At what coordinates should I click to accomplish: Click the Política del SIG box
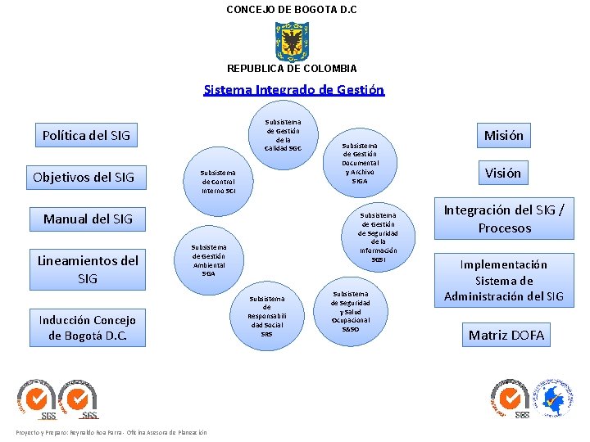[86, 135]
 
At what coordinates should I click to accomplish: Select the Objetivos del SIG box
[84, 177]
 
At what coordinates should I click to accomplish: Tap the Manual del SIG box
[88, 219]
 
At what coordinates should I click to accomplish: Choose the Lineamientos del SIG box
[88, 269]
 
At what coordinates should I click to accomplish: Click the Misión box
[503, 135]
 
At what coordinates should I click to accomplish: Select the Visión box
[503, 173]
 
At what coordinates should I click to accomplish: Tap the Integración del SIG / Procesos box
[504, 219]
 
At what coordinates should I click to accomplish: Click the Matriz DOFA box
[506, 334]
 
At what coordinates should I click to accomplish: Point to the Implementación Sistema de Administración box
[504, 280]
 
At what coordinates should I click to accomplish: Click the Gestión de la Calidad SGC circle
[284, 136]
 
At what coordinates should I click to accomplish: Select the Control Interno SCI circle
[219, 182]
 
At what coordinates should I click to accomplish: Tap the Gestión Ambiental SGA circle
[209, 259]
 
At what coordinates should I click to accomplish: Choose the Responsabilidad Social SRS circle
[266, 315]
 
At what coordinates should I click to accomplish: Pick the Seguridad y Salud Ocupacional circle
[350, 310]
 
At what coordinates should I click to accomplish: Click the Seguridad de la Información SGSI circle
[378, 237]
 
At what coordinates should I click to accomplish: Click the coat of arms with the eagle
[292, 40]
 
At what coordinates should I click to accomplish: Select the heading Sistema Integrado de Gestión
[293, 90]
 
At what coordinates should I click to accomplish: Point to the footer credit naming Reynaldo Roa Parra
[111, 432]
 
